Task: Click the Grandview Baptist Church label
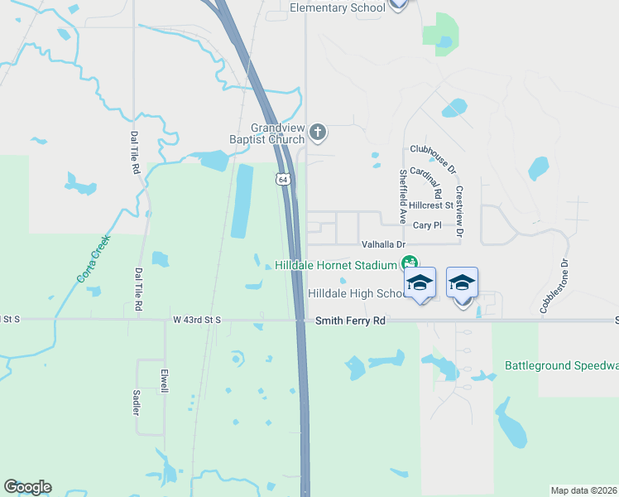pos(266,134)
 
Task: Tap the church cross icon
pos(318,132)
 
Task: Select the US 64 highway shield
pos(283,179)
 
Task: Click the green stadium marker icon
pos(408,264)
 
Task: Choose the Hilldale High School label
pos(355,293)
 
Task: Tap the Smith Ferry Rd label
pos(351,320)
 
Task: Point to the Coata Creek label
pos(94,258)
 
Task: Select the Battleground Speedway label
pos(562,365)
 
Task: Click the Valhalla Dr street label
pos(384,244)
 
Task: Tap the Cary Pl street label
pos(427,224)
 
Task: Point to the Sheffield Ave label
pos(403,197)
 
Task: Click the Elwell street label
pos(165,380)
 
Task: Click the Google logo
pos(27,487)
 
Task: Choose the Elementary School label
pos(338,8)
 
